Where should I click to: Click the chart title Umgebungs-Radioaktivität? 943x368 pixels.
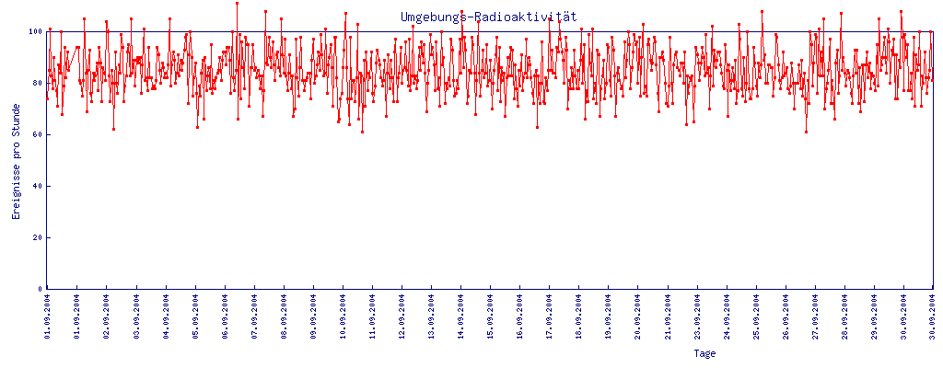[x=488, y=17]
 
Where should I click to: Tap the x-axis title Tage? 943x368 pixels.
[x=704, y=353]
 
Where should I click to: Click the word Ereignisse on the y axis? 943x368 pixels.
[x=16, y=184]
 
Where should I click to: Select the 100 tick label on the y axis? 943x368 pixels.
[x=34, y=31]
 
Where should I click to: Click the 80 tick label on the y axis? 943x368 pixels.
[x=37, y=83]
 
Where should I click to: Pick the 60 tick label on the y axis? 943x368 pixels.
[x=37, y=134]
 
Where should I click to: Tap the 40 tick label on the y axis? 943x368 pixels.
[x=37, y=186]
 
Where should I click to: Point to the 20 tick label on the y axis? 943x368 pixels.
[x=37, y=237]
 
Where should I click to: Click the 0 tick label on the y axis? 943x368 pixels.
[x=40, y=289]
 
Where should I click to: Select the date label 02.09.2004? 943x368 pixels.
[x=107, y=316]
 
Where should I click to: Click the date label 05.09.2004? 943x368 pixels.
[x=195, y=316]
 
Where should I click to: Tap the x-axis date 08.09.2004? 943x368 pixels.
[x=284, y=316]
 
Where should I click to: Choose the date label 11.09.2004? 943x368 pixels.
[x=372, y=316]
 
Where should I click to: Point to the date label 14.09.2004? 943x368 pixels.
[x=461, y=316]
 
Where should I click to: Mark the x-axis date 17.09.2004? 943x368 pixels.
[x=550, y=316]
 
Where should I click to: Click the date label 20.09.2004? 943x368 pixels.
[x=638, y=316]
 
